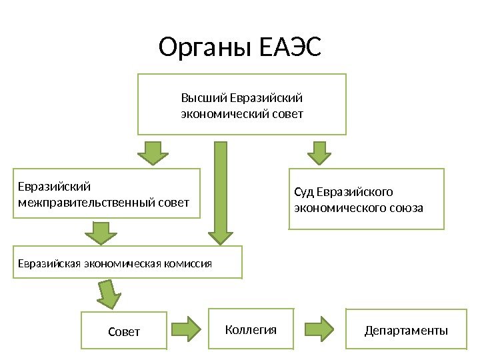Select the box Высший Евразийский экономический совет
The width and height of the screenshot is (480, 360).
pyautogui.click(x=242, y=105)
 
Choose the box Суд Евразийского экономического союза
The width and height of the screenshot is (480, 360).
pyautogui.click(x=366, y=199)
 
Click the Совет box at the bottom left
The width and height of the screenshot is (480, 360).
pyautogui.click(x=124, y=330)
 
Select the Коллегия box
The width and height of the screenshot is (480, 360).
pyautogui.click(x=251, y=329)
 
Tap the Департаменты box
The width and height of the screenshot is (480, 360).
pyautogui.click(x=405, y=329)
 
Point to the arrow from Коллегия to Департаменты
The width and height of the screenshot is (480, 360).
pyautogui.click(x=319, y=328)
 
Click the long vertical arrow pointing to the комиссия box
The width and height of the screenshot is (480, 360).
pyautogui.click(x=221, y=193)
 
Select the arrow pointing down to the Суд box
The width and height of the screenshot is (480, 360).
pyautogui.click(x=319, y=153)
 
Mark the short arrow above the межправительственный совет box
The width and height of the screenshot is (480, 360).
pyautogui.click(x=154, y=153)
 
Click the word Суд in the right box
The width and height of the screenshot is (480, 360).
pyautogui.click(x=304, y=193)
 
